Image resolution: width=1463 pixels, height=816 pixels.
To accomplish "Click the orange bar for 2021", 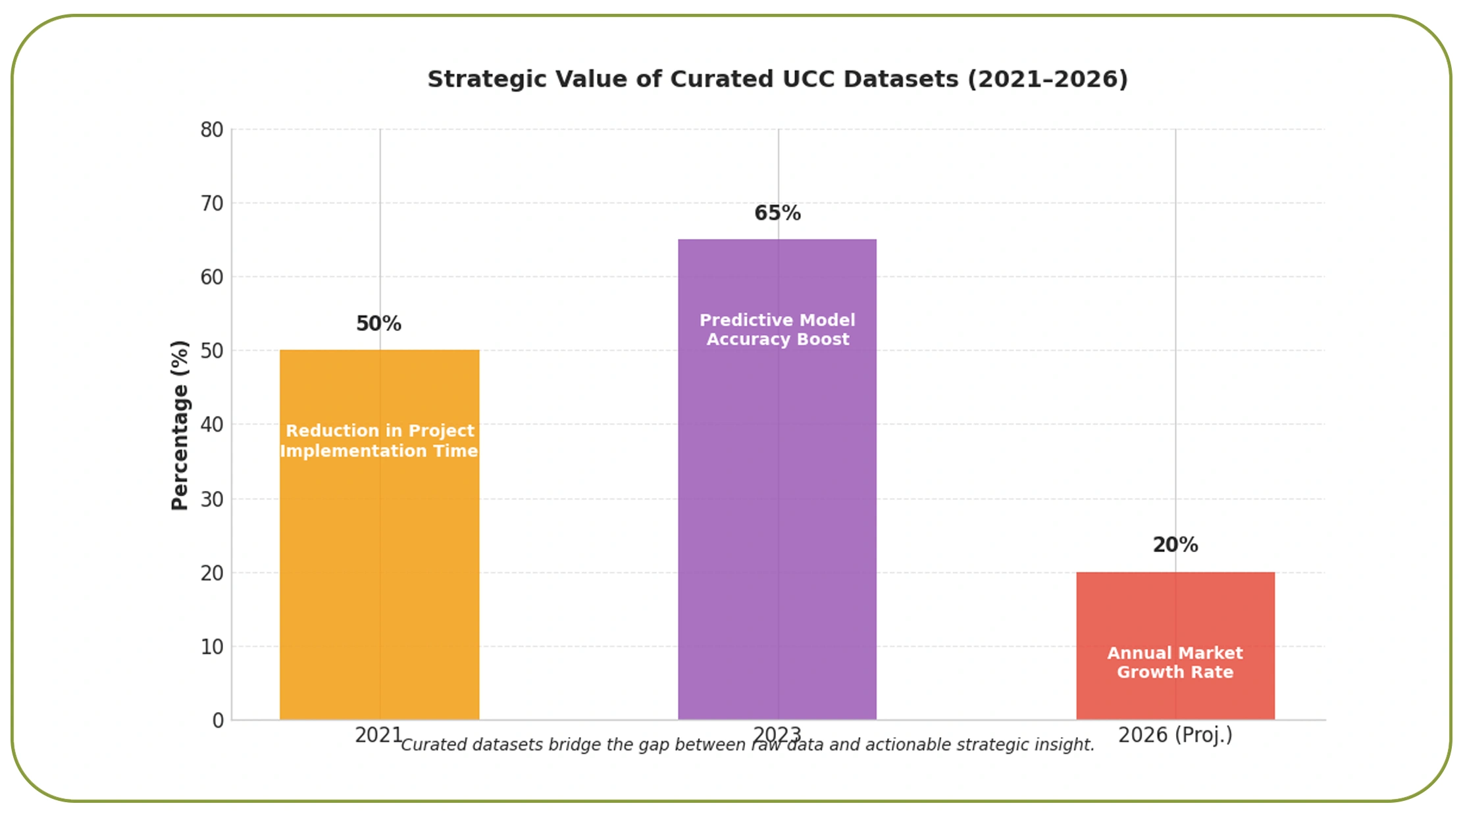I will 379,559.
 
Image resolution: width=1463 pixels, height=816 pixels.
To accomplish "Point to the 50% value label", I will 378,324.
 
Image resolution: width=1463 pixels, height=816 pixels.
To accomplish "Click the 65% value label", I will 777,213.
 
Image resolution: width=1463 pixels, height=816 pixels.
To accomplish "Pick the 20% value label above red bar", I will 1175,545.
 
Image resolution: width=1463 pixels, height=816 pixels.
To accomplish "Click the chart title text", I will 777,79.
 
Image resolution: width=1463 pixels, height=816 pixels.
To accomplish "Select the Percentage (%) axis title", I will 180,425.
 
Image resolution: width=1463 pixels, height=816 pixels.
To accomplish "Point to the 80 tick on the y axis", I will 212,130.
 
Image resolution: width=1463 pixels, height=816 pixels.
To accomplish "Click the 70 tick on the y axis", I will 212,203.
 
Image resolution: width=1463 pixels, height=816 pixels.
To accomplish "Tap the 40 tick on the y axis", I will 212,424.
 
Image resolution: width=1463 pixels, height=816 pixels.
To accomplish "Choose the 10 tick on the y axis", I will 212,647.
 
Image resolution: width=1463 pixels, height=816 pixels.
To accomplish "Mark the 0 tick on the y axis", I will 218,721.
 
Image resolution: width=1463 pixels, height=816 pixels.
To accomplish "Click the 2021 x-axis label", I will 378,735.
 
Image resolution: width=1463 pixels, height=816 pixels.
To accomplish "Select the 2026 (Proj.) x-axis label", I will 1175,734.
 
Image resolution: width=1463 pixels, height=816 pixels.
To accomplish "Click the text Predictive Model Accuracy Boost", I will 777,330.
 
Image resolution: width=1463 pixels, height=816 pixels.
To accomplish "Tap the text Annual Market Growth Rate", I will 1175,663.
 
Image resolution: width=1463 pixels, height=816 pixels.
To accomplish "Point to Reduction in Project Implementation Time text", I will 379,441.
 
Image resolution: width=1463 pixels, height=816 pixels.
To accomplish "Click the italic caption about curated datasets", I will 747,745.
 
